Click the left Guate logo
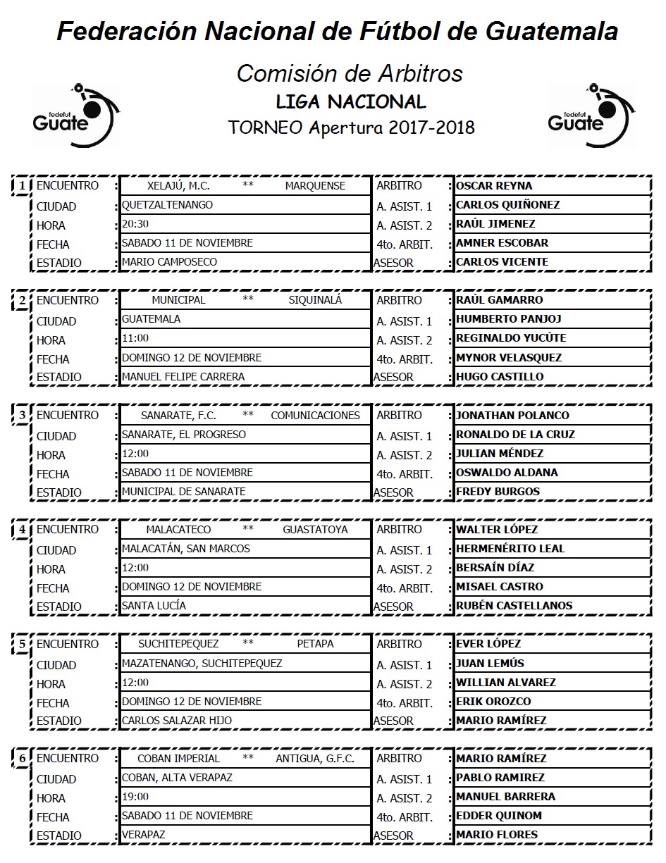[76, 115]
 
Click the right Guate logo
[591, 115]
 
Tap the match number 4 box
[23, 530]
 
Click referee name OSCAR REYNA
[494, 186]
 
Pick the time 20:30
[135, 224]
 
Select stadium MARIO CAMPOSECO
[169, 262]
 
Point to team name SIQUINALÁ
[314, 300]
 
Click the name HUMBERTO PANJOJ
[509, 319]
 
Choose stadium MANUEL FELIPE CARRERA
[183, 376]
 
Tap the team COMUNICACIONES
[315, 415]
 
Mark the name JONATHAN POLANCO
[512, 415]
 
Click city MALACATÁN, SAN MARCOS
[186, 548]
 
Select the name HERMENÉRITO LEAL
[510, 548]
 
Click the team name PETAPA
[315, 643]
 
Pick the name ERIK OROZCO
[493, 701]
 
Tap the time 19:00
[135, 796]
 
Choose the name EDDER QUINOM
[499, 815]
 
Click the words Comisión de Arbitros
[350, 73]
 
